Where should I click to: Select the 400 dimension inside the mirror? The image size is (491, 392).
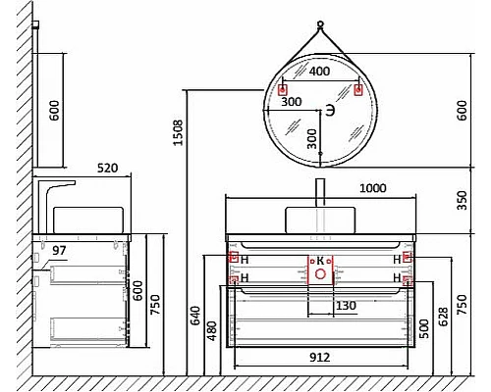[x=319, y=72]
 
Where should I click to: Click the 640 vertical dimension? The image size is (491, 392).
[x=195, y=316]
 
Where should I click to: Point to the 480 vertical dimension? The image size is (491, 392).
[x=212, y=333]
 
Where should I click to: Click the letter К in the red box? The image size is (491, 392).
[x=320, y=261]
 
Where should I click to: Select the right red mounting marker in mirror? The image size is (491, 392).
[x=357, y=91]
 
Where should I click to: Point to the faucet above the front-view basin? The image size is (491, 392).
[x=320, y=191]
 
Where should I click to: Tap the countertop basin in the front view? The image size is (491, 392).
[x=320, y=217]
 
